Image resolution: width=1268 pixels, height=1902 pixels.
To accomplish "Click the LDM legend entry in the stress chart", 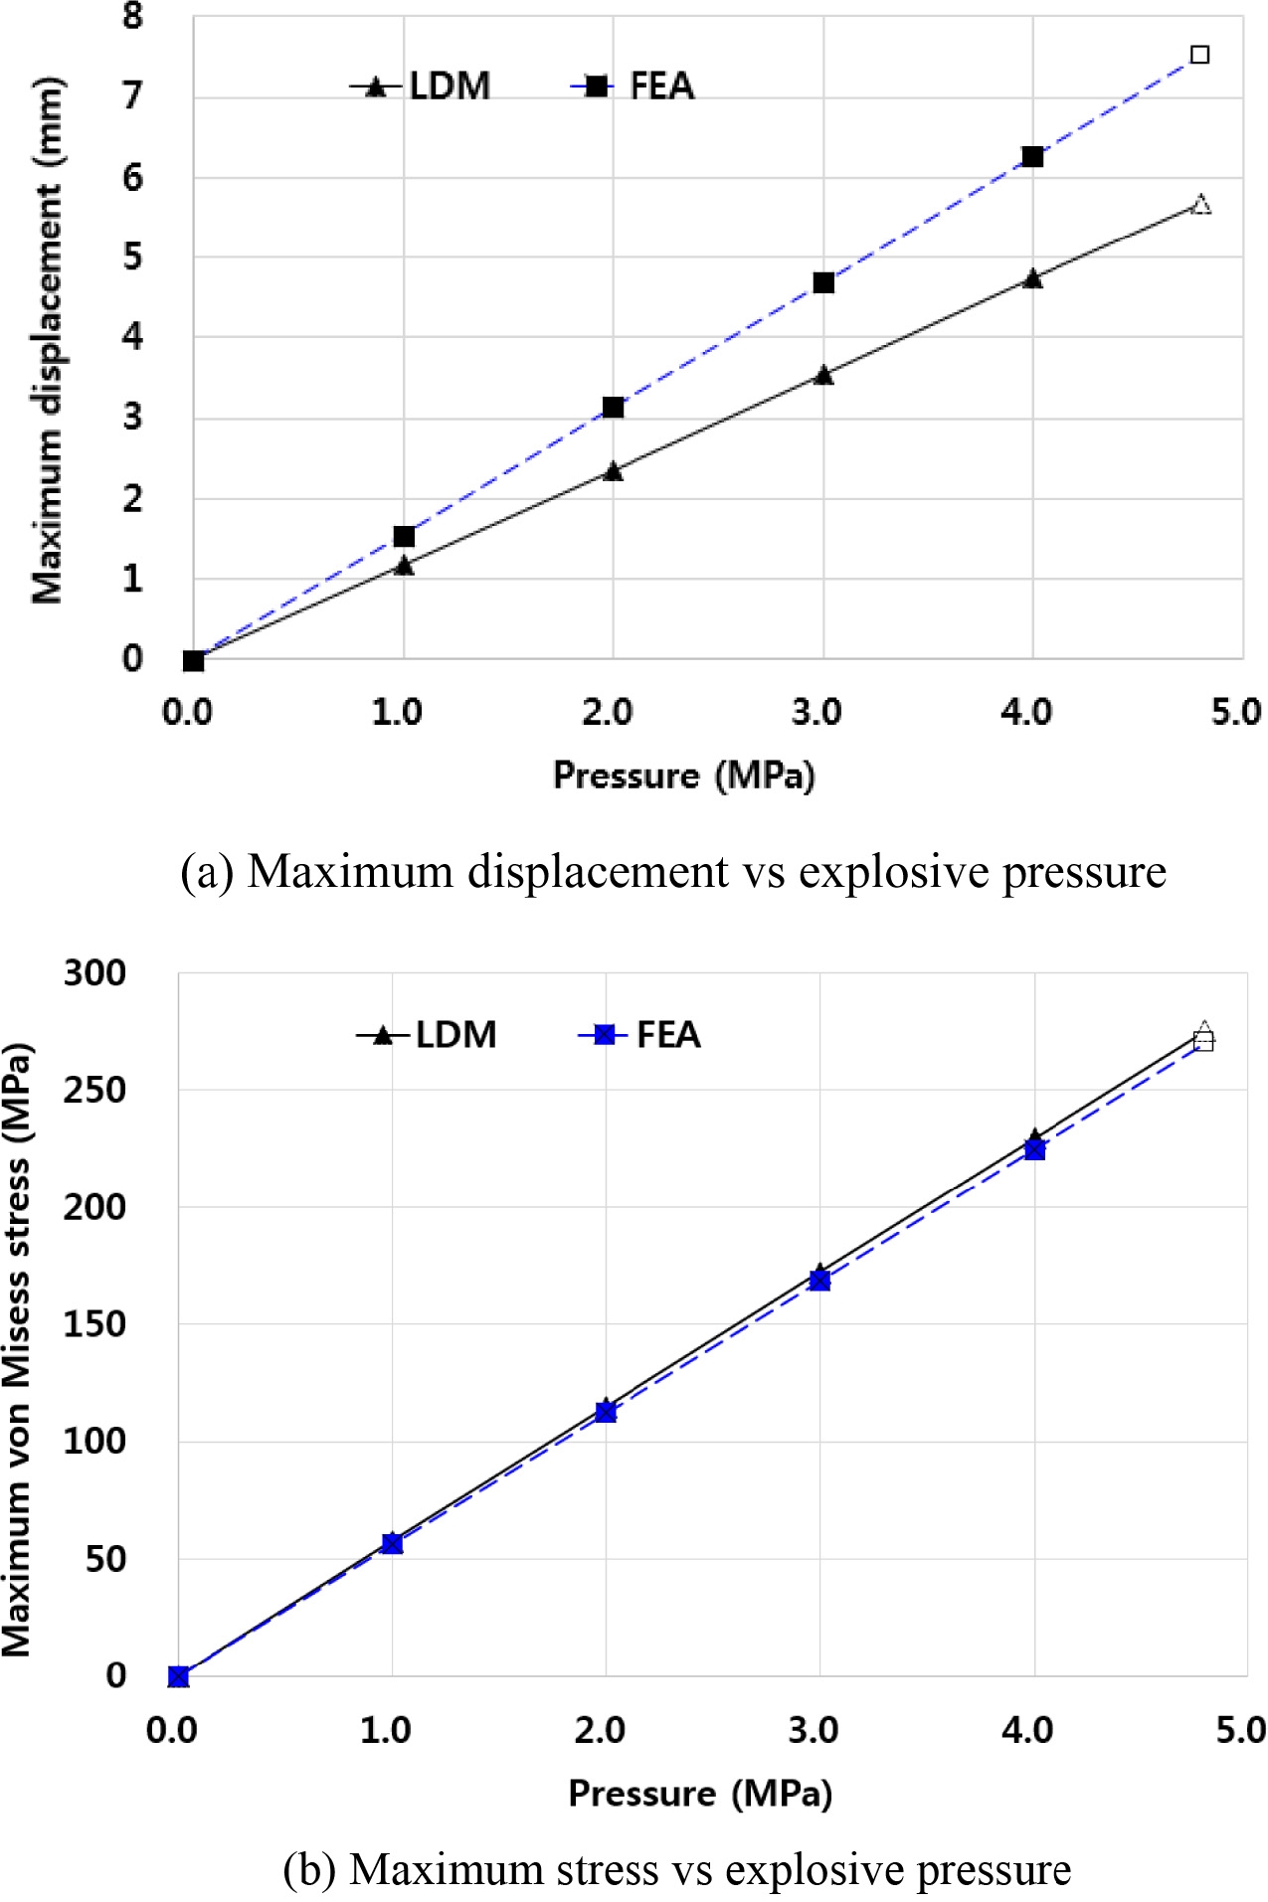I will pyautogui.click(x=429, y=1035).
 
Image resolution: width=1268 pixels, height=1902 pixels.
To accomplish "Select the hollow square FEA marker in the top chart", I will pyautogui.click(x=1200, y=55).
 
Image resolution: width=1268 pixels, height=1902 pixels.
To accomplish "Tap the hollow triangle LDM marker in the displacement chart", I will pyautogui.click(x=1201, y=205).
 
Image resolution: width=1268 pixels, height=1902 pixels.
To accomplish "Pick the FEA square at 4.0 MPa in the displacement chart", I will pyautogui.click(x=1032, y=156).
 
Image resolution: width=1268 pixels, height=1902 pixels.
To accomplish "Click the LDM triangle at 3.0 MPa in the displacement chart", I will pyautogui.click(x=823, y=375).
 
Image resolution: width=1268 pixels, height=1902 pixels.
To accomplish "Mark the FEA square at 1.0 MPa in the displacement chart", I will pyautogui.click(x=404, y=537).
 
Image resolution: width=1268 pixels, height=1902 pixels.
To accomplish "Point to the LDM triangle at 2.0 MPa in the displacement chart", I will pyautogui.click(x=613, y=471).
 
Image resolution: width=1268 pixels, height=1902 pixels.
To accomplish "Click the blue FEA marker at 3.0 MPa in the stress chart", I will pyautogui.click(x=819, y=1281).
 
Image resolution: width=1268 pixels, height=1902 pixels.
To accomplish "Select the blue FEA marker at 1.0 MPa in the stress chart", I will pyautogui.click(x=393, y=1543).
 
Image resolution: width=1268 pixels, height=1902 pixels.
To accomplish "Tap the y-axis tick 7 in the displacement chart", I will pyautogui.click(x=132, y=96).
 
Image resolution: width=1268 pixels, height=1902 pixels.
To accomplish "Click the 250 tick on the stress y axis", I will pyautogui.click(x=94, y=1090).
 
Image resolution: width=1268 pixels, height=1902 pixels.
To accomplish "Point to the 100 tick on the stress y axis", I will pyautogui.click(x=94, y=1441).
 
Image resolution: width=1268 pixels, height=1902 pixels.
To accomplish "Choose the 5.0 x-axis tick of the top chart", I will pyautogui.click(x=1235, y=712).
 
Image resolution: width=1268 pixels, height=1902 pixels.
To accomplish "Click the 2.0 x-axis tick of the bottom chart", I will pyautogui.click(x=600, y=1731).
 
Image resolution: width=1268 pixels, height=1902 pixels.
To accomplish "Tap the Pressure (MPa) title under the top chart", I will pyautogui.click(x=684, y=776).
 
